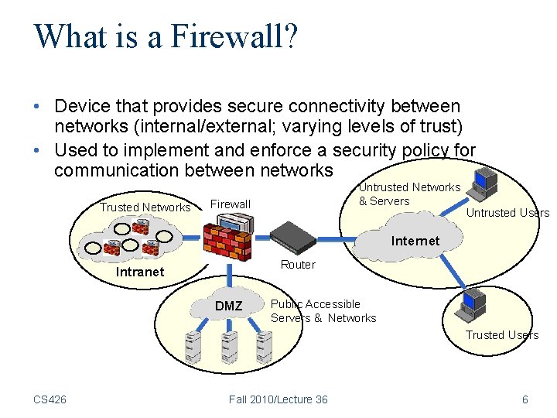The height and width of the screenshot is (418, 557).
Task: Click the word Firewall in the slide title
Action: pos(233,36)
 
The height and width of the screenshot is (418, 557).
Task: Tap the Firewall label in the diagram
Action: pos(231,204)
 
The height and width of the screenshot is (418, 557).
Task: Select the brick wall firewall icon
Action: pos(227,239)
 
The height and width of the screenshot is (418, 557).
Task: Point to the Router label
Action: pos(298,265)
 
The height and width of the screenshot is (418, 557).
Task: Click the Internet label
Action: pos(415,241)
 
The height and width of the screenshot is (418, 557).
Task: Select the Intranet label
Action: pos(139,272)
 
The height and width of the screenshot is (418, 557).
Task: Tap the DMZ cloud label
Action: pos(228,306)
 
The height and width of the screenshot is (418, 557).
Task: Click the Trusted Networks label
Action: pos(145,207)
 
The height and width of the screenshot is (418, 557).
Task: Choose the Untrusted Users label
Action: pos(507,213)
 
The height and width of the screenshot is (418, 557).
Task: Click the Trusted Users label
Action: pos(501,335)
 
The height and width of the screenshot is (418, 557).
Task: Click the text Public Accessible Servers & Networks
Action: pos(323,311)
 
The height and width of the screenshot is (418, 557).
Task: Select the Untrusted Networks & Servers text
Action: pos(408,194)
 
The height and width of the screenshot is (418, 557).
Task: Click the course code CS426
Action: pos(50,399)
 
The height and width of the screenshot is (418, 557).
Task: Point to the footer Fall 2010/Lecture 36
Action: pos(278,399)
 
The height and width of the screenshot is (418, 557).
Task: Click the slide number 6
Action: pos(525,399)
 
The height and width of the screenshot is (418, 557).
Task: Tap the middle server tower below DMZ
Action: pos(229,348)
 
